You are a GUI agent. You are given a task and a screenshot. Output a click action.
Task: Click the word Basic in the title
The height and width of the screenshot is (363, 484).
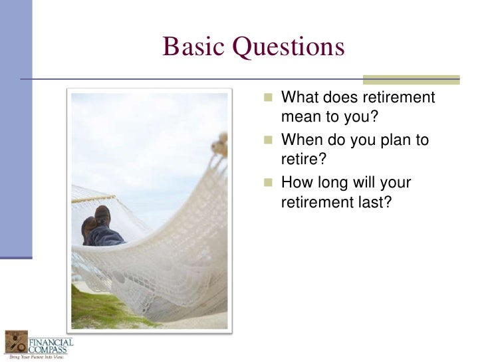[193, 47]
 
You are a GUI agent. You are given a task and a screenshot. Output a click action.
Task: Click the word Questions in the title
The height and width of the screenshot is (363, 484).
[289, 47]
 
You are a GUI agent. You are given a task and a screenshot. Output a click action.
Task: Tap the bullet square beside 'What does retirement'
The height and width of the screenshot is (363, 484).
[268, 97]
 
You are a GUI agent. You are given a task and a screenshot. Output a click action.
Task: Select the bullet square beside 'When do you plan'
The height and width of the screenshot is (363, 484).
[268, 140]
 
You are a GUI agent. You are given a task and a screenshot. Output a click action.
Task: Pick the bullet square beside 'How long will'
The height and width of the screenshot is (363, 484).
[268, 182]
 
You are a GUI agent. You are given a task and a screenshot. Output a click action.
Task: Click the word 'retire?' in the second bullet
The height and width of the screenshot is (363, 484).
[303, 159]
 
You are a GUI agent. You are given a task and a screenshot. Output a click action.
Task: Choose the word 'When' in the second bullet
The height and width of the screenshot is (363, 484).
[302, 140]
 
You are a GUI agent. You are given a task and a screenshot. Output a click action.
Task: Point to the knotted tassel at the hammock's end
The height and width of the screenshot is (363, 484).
[220, 144]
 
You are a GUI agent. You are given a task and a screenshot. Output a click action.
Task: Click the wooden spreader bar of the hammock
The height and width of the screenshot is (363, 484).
[94, 199]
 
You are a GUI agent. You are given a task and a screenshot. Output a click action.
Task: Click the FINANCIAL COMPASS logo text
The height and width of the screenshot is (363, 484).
[51, 346]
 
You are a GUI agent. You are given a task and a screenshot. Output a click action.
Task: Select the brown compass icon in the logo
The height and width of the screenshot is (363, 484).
[17, 342]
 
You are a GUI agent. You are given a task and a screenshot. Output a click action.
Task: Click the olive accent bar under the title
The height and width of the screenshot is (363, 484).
[411, 80]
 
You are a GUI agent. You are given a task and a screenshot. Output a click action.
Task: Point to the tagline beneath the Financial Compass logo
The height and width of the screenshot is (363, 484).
[37, 357]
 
